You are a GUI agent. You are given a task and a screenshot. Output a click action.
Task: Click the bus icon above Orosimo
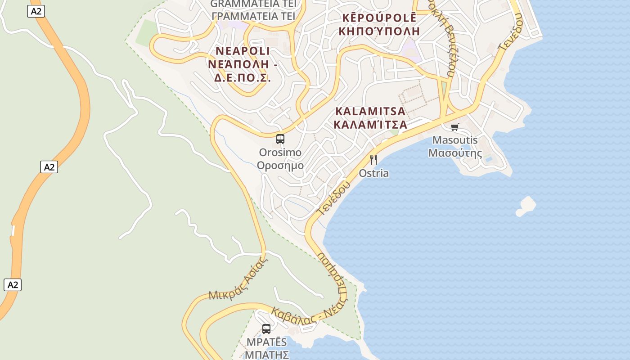coord(280,139)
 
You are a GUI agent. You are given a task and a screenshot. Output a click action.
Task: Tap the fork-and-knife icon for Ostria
coord(373,159)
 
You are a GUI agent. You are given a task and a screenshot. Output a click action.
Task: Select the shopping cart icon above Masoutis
coord(454,127)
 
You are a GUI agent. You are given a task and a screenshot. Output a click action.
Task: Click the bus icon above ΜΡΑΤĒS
coord(266,329)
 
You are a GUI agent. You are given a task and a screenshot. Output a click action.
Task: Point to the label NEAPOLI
coord(243,50)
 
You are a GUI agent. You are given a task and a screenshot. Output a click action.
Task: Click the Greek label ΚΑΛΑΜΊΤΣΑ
coord(370,125)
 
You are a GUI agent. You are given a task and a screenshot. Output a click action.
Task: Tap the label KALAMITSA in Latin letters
coord(370,111)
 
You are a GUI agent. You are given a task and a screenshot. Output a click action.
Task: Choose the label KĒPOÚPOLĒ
coord(379,18)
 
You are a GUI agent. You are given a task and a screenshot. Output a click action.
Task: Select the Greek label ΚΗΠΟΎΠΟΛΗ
coord(379,31)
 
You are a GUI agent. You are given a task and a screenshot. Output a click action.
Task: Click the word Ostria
coord(373,173)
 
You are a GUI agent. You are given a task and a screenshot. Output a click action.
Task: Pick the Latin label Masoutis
coord(455,140)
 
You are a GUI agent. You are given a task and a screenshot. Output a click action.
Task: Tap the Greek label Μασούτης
coord(455,153)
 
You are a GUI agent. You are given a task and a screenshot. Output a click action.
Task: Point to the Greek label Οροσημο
coord(280,166)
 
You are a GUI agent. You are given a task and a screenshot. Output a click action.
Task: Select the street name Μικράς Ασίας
coord(235,281)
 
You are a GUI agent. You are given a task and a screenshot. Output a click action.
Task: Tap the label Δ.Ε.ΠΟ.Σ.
coord(243,77)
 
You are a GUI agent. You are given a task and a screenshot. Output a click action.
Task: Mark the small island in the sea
coord(526,206)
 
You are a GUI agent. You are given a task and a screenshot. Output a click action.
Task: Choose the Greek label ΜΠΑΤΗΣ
coord(267,355)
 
